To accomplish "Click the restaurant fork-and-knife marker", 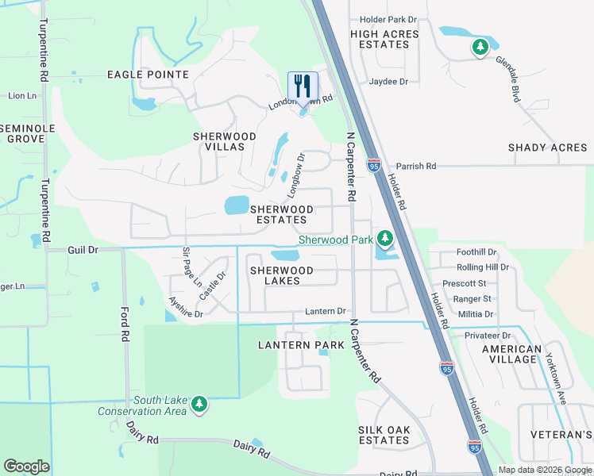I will tap(303, 86).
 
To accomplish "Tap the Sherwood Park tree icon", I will tap(385, 238).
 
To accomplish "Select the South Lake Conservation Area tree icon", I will tap(199, 405).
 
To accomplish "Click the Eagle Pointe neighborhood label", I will tap(148, 75).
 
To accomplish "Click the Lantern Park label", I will tap(302, 345).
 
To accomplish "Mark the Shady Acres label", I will tap(548, 148).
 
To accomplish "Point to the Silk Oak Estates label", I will tap(384, 435).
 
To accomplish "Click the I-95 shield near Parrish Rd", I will tap(374, 165).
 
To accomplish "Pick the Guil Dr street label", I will tap(83, 249).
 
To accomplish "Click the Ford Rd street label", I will tap(125, 324).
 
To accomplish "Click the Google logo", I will tap(27, 466).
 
